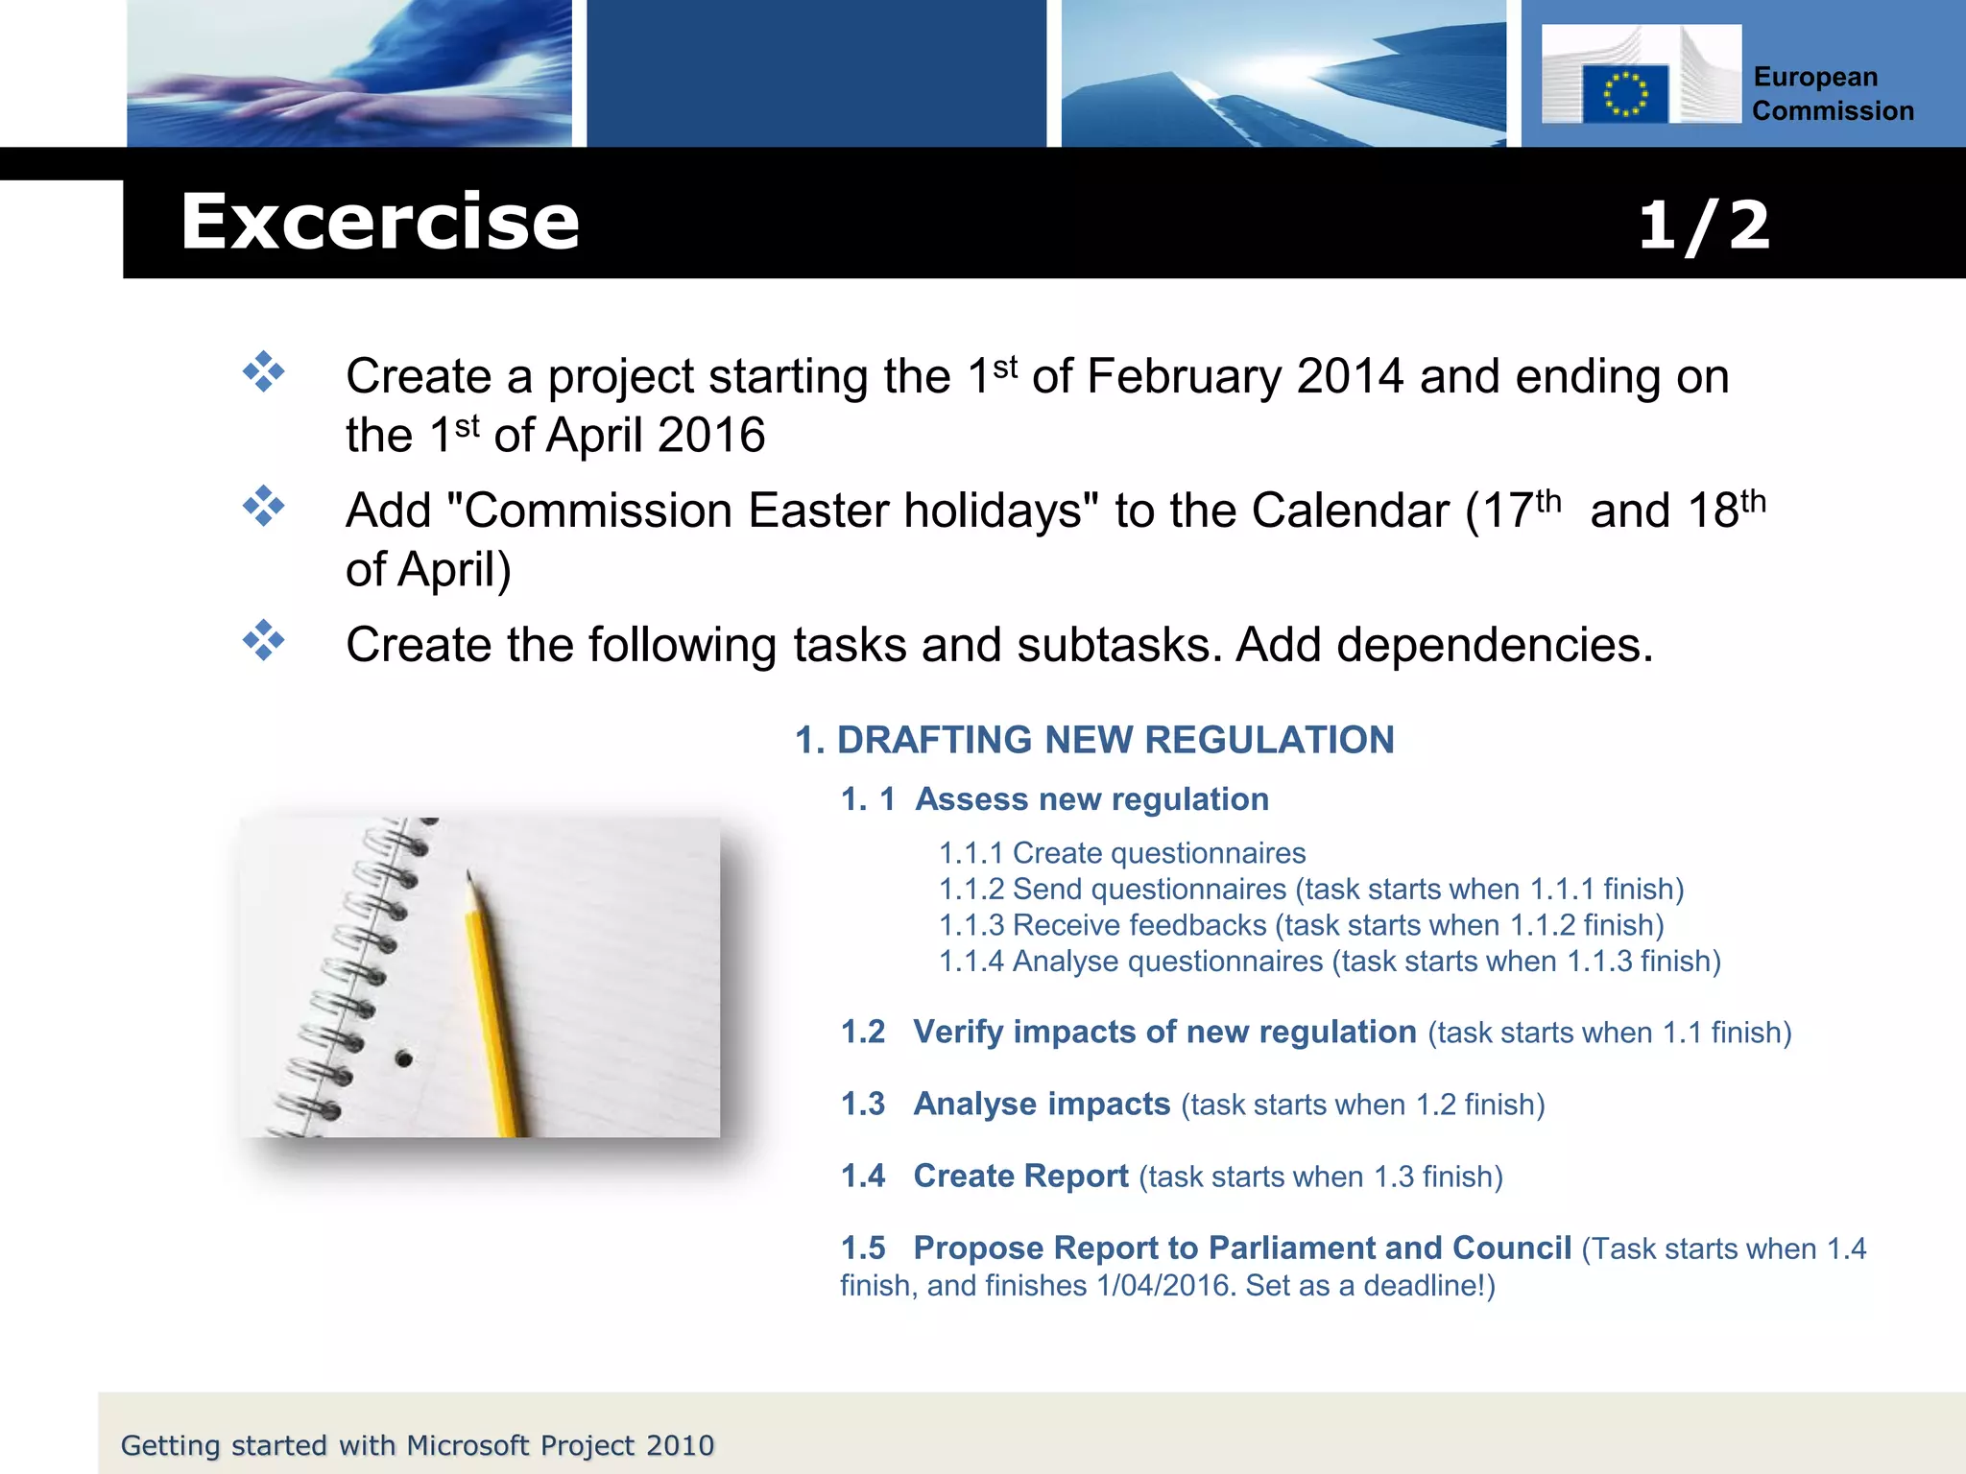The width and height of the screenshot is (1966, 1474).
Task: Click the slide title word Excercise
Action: coord(380,223)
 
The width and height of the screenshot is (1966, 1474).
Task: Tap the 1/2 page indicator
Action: coord(1703,226)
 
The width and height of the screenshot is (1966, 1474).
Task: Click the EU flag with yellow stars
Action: coord(1624,94)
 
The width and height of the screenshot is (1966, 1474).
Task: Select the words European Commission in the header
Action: coord(1832,94)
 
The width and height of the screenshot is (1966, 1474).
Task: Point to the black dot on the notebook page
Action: coord(404,1059)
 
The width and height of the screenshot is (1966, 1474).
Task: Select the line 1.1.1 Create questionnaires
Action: coord(1121,853)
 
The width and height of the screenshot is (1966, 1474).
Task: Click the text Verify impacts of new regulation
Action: coord(1163,1032)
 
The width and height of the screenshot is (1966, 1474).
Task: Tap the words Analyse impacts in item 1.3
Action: coord(1042,1104)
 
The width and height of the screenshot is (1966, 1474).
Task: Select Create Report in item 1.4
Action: coord(1020,1176)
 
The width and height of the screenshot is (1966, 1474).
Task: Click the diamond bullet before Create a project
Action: coord(263,372)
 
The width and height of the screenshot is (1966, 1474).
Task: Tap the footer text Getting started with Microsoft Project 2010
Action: coord(418,1445)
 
